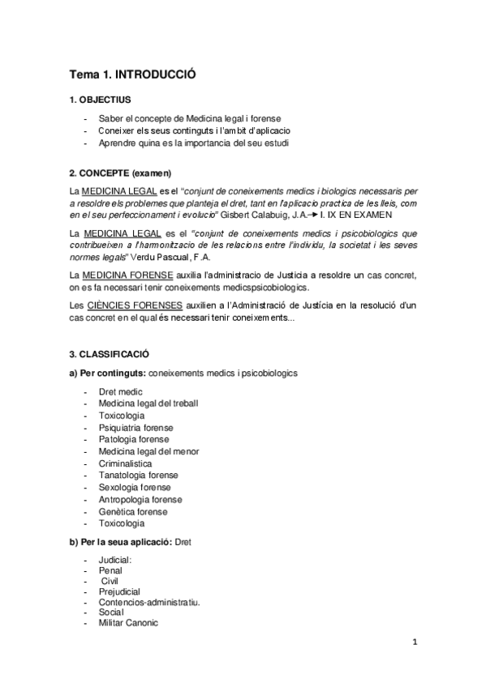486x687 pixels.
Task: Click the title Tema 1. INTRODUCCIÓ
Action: tap(132, 75)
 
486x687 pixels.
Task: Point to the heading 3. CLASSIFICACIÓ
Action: tap(109, 354)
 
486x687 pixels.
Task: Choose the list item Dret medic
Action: tap(120, 391)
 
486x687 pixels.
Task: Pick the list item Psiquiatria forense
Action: tap(135, 427)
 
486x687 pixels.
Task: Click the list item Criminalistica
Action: tap(125, 463)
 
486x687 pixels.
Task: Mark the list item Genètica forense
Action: tap(133, 512)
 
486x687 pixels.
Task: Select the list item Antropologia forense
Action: tap(140, 500)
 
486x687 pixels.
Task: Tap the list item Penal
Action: tap(110, 570)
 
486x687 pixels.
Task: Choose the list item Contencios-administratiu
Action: tap(149, 602)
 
